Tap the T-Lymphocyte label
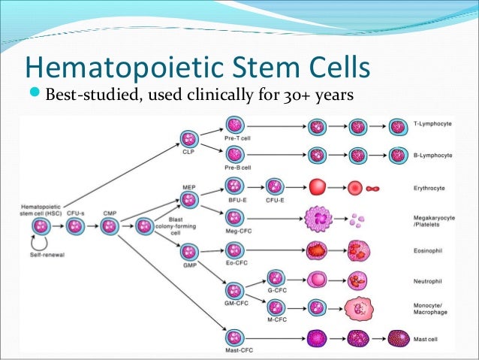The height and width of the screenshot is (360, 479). point(432,123)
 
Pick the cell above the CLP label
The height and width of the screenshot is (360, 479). point(188,138)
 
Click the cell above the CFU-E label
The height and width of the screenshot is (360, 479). point(275,186)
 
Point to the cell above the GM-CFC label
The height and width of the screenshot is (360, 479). point(235,289)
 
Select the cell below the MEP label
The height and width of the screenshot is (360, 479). point(188,200)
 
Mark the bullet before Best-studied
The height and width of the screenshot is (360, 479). point(35,95)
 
